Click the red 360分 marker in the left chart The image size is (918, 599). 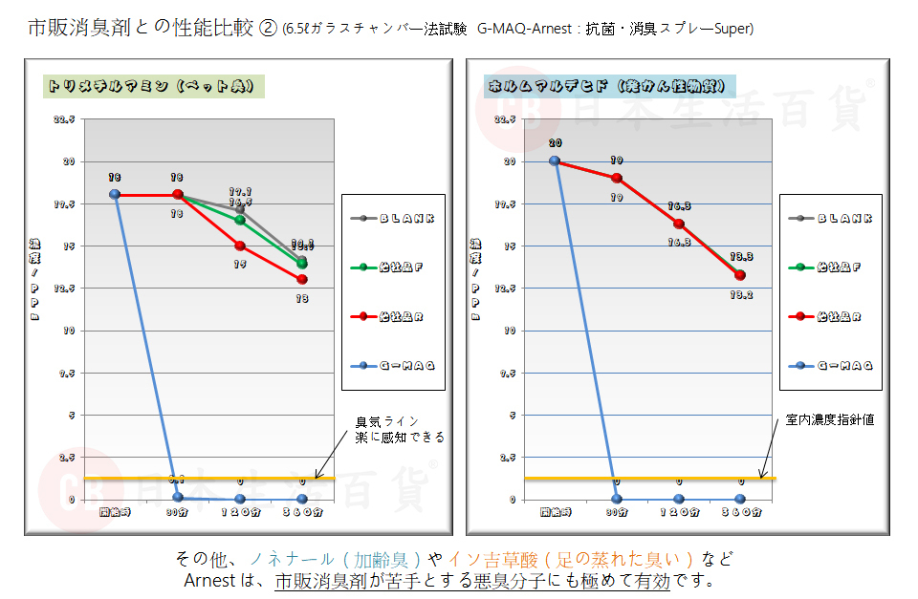coord(302,280)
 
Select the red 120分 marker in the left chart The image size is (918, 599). coord(240,246)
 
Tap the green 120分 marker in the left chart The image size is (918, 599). coord(240,220)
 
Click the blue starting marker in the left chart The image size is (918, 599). coord(115,194)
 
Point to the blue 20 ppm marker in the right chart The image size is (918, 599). coord(555,160)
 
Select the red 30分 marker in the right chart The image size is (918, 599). coord(617,178)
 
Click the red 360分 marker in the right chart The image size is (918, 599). coord(740,275)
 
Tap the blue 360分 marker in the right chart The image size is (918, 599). coord(740,499)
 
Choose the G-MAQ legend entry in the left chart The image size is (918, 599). coord(393,366)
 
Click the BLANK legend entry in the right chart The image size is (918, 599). coord(830,219)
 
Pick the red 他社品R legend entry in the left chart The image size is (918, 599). coord(393,316)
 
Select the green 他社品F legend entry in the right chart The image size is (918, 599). coord(830,267)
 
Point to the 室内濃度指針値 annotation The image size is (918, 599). coord(830,418)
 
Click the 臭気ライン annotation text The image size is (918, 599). coord(387,421)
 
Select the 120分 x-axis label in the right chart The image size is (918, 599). coord(679,512)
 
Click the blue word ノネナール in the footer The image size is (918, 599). coord(290,559)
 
